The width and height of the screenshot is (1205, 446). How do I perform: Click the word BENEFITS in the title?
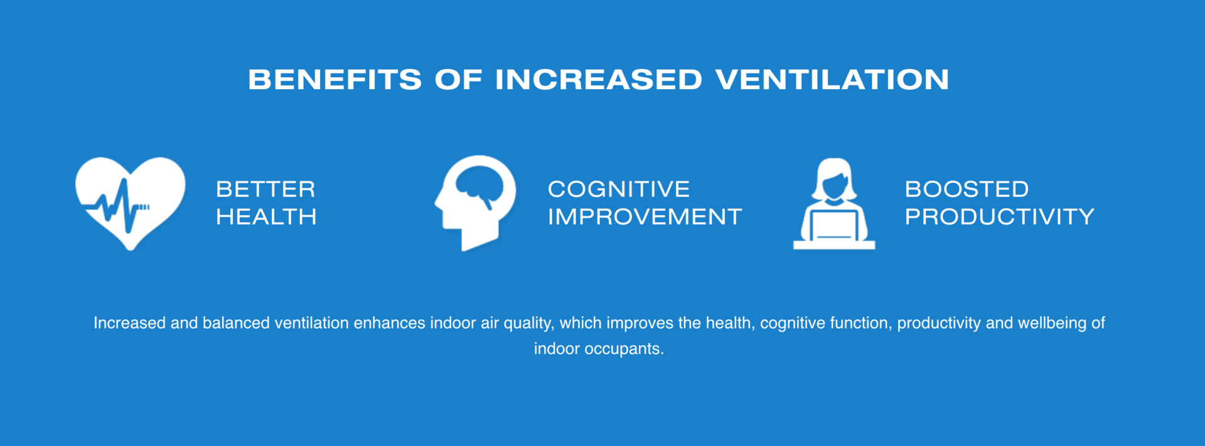[335, 80]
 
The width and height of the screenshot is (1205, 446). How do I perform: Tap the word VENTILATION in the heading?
[832, 80]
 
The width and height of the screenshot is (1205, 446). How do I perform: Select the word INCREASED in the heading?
[598, 80]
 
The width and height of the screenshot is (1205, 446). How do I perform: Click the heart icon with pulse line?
[131, 203]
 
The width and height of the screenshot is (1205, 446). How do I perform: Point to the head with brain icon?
[475, 203]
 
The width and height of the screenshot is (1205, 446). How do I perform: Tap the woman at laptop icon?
[834, 203]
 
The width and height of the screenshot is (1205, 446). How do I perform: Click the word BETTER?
[265, 189]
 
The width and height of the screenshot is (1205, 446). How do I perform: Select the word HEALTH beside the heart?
[266, 217]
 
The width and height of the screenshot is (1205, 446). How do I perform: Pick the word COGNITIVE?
[619, 189]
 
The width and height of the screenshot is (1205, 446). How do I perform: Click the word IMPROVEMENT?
[645, 217]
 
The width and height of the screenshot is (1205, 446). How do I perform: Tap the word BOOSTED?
[967, 189]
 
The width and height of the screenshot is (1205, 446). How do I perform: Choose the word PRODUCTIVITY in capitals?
[999, 217]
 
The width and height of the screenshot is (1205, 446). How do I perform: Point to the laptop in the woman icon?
[834, 225]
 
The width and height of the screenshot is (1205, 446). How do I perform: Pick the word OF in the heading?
[458, 80]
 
